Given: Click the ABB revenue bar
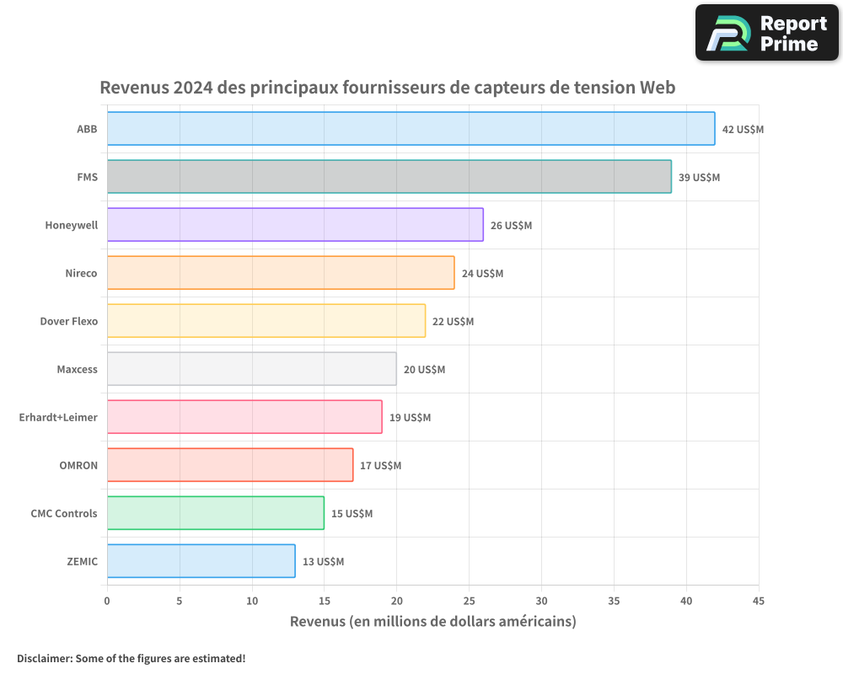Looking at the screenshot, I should (x=411, y=129).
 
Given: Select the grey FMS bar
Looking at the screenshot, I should (x=389, y=177).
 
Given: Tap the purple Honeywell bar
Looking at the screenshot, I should (x=295, y=225).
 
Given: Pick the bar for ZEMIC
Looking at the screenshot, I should (x=201, y=561).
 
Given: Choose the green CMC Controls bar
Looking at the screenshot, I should (x=215, y=513).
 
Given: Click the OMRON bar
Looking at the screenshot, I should (x=229, y=465).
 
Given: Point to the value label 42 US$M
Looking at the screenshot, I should (x=743, y=130).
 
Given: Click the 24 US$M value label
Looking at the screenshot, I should (x=482, y=274).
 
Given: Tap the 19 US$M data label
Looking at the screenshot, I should (x=410, y=418).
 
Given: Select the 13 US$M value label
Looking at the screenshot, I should (x=323, y=562).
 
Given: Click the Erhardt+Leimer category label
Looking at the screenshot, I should (x=58, y=417).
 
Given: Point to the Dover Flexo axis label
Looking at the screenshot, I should (x=69, y=321).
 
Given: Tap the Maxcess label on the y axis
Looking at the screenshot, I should (x=77, y=369).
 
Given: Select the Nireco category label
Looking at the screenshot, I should (x=81, y=273).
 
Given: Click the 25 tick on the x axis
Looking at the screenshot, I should (x=469, y=601).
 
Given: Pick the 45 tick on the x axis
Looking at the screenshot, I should (x=759, y=601).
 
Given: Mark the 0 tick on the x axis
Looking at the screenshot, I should (x=107, y=601).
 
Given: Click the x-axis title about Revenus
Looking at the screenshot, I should (x=432, y=622).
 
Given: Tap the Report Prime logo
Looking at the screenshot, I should (x=767, y=33).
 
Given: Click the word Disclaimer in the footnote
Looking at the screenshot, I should (x=43, y=658).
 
